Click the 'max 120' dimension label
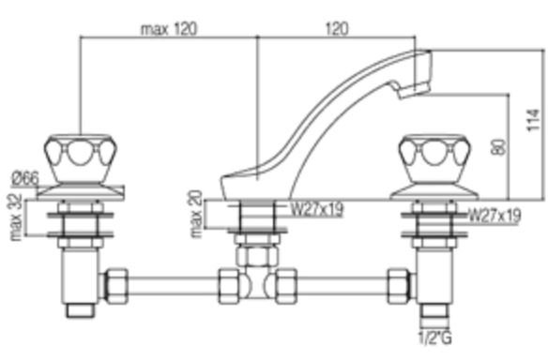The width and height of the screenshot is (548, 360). [169, 29]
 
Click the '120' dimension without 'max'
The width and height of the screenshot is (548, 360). [337, 29]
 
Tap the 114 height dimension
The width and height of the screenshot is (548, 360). [534, 120]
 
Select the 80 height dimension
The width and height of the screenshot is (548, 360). [498, 147]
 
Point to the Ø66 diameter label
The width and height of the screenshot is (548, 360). [25, 178]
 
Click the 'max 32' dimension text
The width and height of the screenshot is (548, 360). [16, 217]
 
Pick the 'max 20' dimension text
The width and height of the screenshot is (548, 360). [196, 214]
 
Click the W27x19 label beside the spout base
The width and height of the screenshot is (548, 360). [317, 209]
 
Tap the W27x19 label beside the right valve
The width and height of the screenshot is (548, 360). [495, 216]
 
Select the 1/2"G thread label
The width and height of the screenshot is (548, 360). [435, 337]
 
